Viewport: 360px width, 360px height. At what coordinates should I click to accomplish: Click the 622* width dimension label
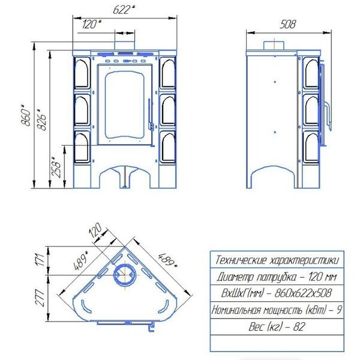[x=124, y=10]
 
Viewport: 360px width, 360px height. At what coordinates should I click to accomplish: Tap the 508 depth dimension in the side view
[x=288, y=24]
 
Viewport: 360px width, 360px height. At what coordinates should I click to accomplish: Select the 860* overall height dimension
[x=26, y=115]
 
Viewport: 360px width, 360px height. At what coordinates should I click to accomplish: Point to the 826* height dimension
[x=42, y=119]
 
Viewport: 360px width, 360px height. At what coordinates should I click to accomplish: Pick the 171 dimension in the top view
[x=40, y=260]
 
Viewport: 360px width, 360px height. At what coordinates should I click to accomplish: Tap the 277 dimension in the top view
[x=40, y=298]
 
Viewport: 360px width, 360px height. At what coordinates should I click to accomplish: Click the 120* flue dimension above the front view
[x=92, y=24]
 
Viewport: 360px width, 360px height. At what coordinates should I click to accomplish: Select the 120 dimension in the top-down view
[x=95, y=230]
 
